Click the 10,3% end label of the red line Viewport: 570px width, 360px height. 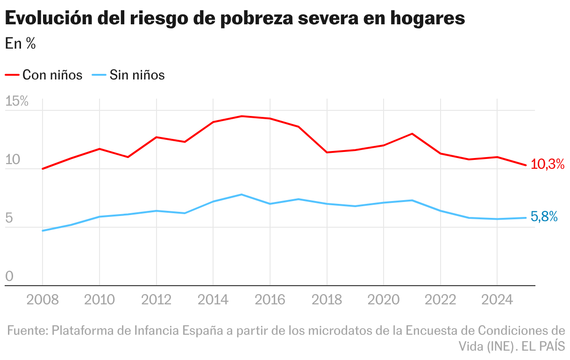[x=548, y=164]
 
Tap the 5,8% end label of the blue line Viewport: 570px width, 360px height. [x=544, y=217]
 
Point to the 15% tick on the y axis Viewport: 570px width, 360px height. [x=17, y=102]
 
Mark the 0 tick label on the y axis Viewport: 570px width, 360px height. [x=9, y=277]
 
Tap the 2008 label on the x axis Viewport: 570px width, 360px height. [x=43, y=300]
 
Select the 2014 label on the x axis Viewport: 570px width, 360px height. [x=213, y=300]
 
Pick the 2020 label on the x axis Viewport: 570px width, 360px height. [x=383, y=300]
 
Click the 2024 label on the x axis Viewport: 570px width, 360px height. [x=497, y=300]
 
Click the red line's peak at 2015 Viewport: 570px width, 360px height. [x=242, y=116]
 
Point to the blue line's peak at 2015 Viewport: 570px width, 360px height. [x=242, y=194]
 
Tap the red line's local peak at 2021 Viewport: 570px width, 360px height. [x=412, y=134]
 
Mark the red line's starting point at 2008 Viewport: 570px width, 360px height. [x=43, y=169]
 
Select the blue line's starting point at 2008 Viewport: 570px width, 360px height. [x=43, y=230]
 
